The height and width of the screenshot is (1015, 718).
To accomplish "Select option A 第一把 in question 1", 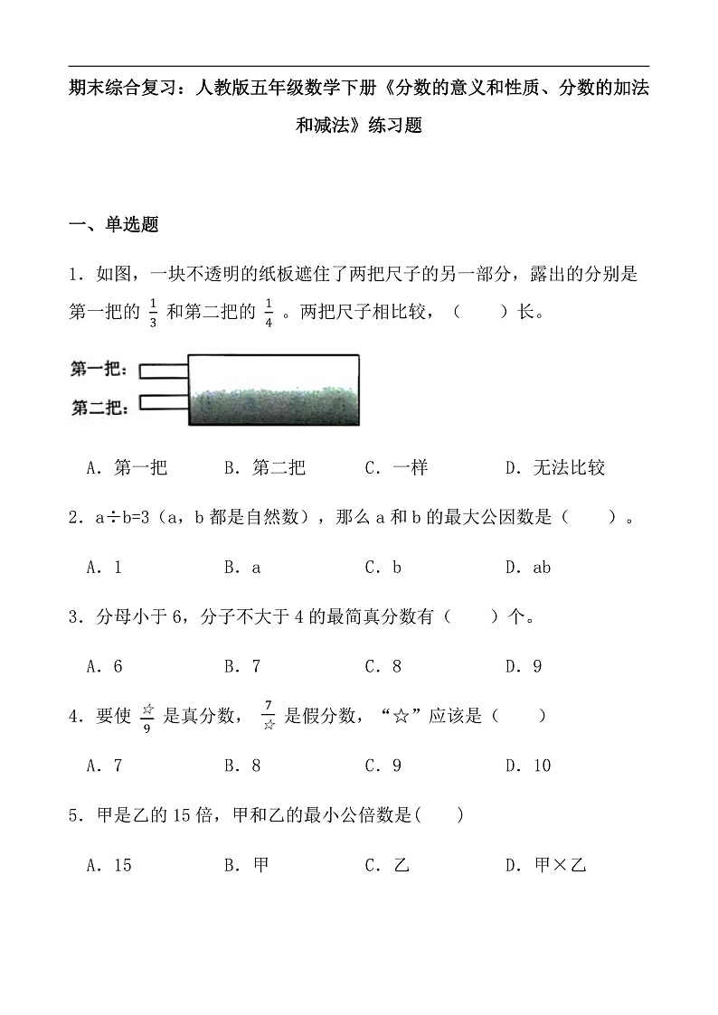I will (x=128, y=467).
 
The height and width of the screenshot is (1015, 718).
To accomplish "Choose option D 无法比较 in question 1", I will (x=555, y=467).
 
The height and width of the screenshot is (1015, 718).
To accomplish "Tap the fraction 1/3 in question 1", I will (x=153, y=311).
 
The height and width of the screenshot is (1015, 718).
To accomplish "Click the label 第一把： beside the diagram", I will (x=99, y=370).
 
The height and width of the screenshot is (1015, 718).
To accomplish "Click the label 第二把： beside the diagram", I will (x=99, y=406).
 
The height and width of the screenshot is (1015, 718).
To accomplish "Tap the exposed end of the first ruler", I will (x=164, y=370).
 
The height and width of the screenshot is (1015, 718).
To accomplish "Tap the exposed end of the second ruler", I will (x=164, y=401).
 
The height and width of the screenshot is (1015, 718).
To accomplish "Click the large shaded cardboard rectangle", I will (x=273, y=389).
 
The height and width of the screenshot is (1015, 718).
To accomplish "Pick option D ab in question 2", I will (x=528, y=568).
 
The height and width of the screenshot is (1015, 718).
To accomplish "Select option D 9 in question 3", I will (x=524, y=667).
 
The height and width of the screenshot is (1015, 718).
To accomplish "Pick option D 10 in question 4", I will (x=528, y=766).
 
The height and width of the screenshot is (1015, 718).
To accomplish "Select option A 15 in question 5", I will (x=109, y=865).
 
